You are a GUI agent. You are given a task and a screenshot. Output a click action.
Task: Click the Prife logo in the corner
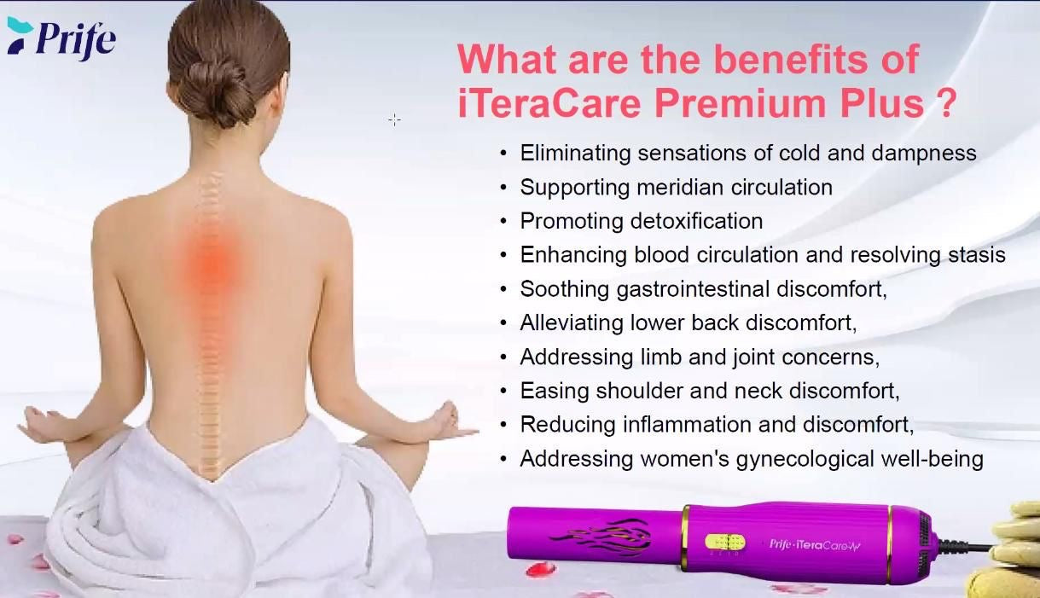[x=61, y=38]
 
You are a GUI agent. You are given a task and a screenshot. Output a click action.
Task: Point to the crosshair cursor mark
[x=394, y=119]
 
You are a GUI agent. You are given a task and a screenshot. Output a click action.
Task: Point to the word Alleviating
[x=572, y=322]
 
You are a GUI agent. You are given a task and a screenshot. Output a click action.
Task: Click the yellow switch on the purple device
[x=725, y=542]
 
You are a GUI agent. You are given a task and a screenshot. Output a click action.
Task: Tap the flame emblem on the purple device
[x=600, y=538]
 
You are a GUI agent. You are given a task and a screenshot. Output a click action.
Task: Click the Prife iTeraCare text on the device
[x=814, y=544]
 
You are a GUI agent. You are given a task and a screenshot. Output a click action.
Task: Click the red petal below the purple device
[x=541, y=568]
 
